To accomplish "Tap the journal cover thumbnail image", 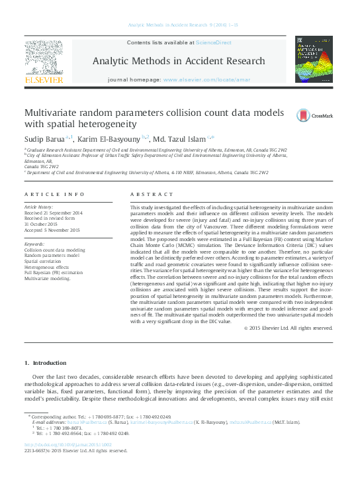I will click(x=313, y=59).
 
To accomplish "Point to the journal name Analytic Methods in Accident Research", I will click(x=179, y=61).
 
